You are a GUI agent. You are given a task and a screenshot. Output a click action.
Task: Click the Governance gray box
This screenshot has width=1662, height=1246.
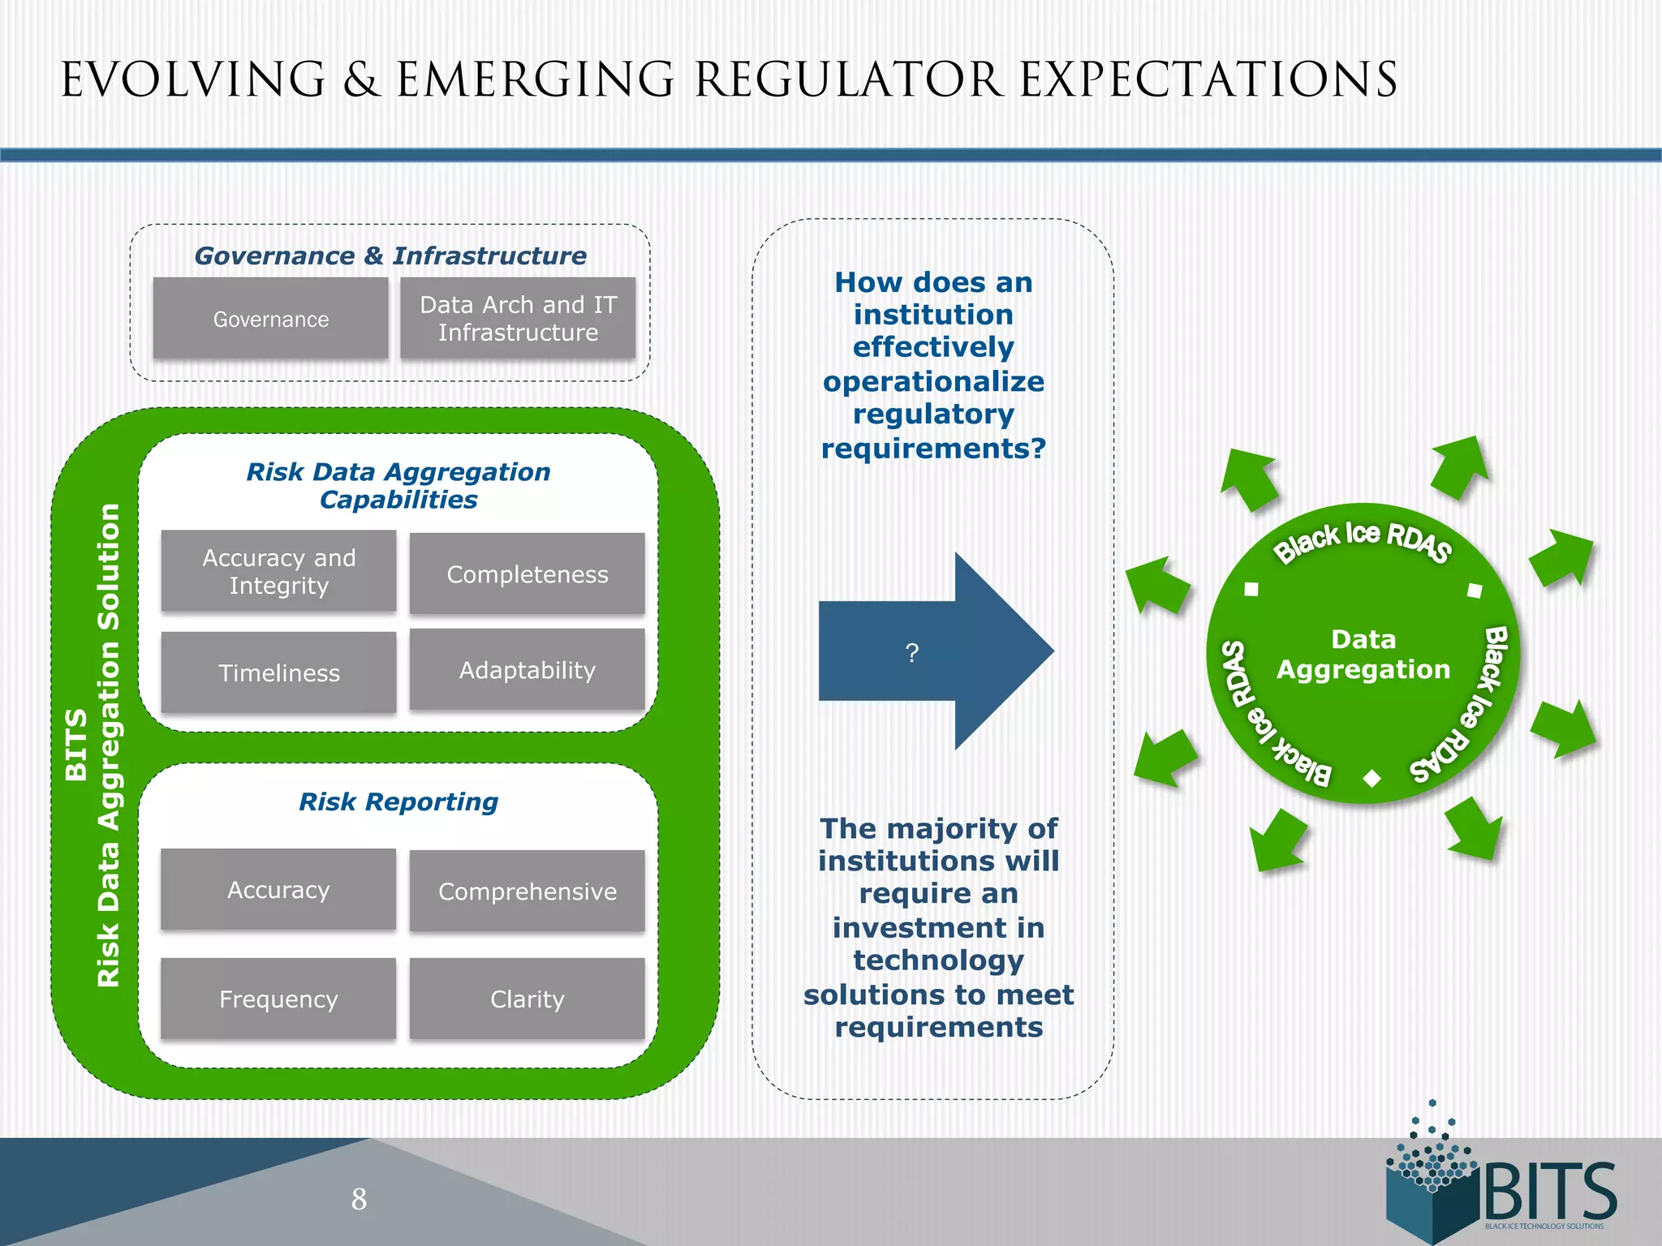pos(270,319)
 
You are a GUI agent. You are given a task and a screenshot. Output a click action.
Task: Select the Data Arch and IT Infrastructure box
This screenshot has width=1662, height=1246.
pos(518,319)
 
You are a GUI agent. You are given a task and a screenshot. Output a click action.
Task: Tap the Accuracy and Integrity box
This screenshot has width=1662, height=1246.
pos(278,572)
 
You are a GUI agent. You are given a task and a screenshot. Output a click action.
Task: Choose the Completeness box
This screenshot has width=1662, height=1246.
pos(527,574)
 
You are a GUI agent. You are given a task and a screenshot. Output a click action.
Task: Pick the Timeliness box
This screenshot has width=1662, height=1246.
pos(278,673)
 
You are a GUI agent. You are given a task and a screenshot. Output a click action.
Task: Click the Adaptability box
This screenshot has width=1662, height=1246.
pos(527,670)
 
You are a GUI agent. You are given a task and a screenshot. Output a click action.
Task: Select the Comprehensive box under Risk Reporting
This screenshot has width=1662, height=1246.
pos(527,892)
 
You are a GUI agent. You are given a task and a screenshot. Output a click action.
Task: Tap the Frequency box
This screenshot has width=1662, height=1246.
pos(278,999)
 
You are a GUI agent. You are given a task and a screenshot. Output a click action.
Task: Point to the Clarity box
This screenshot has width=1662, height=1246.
pos(527,999)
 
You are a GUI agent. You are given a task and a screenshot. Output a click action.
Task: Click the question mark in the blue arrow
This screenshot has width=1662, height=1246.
pos(912,653)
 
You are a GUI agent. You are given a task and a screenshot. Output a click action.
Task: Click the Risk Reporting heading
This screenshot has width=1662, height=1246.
pos(398,801)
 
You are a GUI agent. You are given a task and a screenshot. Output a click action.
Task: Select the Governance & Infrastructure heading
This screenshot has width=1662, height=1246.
pos(390,256)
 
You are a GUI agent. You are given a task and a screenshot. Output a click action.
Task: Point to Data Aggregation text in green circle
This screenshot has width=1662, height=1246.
pos(1363,654)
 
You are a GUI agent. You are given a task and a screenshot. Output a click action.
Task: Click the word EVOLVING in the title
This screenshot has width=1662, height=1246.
pos(193,80)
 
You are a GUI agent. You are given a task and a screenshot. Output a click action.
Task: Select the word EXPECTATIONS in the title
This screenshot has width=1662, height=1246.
pos(1208,80)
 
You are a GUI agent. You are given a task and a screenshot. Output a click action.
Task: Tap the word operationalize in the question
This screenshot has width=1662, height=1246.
pos(933,381)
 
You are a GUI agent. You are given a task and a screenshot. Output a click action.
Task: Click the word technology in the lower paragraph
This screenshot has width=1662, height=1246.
pos(938,960)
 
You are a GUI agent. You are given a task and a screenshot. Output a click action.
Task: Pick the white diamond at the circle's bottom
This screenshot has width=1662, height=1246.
pos(1372,779)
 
